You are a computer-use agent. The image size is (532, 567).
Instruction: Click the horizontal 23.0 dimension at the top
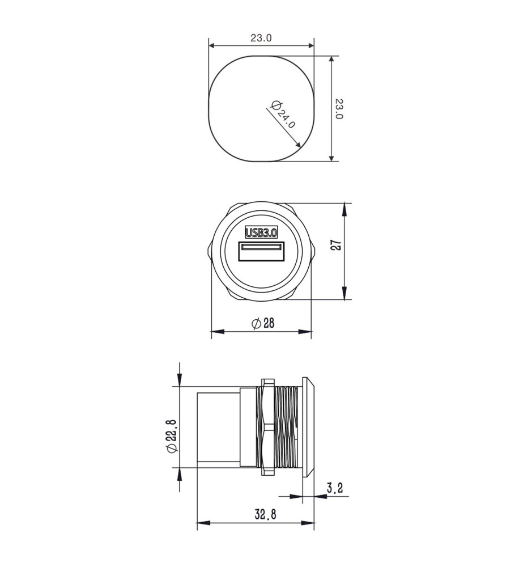261,37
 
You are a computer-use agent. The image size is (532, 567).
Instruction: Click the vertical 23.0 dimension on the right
339,109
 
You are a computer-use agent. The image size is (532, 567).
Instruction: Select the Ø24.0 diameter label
283,114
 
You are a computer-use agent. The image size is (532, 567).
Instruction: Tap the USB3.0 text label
261,232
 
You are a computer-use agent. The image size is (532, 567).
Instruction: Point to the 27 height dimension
336,245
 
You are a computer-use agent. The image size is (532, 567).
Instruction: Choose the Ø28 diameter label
263,323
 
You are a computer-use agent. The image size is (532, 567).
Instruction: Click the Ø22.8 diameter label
171,435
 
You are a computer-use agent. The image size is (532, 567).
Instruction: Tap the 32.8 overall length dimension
265,514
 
